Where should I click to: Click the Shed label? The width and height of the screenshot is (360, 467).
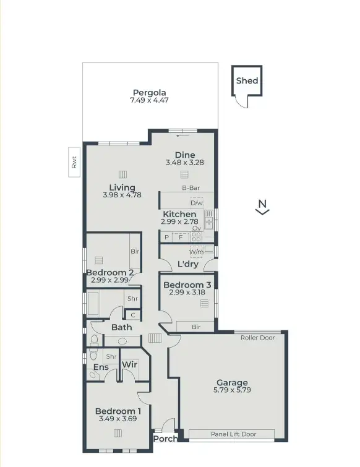(247, 80)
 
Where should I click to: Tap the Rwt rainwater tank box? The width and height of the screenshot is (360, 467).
(74, 161)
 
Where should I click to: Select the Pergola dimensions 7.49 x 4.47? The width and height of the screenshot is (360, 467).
(149, 101)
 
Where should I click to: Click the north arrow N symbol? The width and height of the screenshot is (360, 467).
(262, 207)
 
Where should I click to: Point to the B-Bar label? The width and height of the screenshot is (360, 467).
(190, 188)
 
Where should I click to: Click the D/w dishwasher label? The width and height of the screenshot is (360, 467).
(197, 203)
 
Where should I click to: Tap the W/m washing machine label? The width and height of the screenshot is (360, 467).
(196, 252)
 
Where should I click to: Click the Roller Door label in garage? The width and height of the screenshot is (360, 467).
(258, 338)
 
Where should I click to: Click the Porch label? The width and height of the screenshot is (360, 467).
(166, 439)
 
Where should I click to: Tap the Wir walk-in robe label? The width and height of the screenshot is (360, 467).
(129, 365)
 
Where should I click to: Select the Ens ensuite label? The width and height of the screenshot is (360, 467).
(101, 367)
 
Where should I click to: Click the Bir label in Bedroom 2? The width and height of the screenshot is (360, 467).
(134, 252)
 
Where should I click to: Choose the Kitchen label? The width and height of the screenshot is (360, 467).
(179, 214)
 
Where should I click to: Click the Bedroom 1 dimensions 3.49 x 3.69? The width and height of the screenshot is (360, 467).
(118, 419)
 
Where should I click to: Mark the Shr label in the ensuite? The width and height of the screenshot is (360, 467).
(111, 357)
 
